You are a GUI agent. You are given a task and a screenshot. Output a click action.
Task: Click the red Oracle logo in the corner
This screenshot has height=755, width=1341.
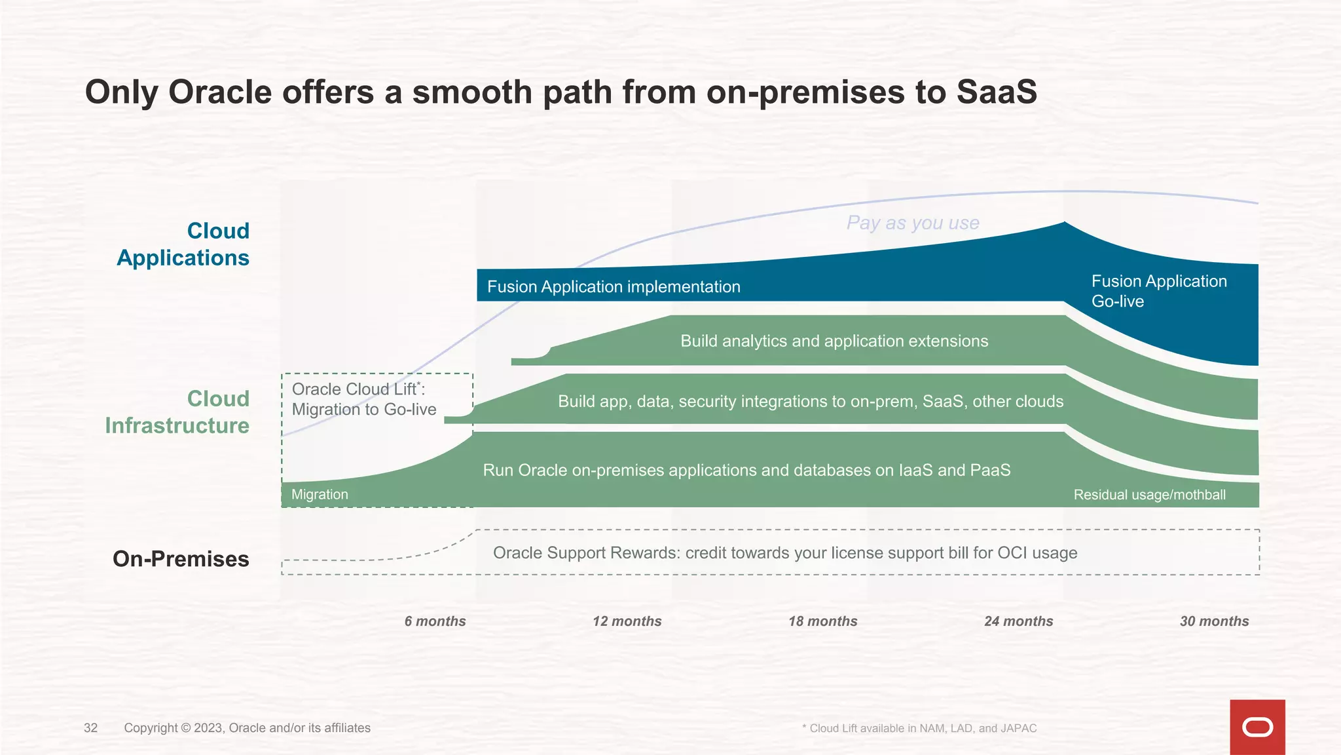pyautogui.click(x=1257, y=727)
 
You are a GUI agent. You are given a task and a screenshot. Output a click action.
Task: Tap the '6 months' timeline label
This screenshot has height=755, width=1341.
pyautogui.click(x=435, y=621)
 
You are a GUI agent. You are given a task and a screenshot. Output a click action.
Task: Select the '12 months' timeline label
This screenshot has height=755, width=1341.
pyautogui.click(x=627, y=621)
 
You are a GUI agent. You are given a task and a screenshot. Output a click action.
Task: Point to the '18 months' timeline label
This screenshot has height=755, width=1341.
pyautogui.click(x=822, y=621)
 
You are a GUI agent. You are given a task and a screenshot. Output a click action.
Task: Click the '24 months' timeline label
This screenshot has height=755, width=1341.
pyautogui.click(x=1018, y=621)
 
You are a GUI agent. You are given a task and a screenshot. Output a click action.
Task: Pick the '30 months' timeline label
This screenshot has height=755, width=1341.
pyautogui.click(x=1214, y=621)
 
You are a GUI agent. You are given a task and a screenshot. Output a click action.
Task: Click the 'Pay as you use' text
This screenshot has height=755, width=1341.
pyautogui.click(x=913, y=223)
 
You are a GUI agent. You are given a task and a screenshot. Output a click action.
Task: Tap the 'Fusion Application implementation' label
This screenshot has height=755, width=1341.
pyautogui.click(x=614, y=287)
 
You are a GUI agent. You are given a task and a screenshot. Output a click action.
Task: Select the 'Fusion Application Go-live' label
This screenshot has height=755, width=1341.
pyautogui.click(x=1158, y=291)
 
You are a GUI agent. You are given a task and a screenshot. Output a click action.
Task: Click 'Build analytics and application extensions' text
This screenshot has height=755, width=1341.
pyautogui.click(x=834, y=341)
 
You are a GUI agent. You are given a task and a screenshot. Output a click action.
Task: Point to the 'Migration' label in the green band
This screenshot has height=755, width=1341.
pyautogui.click(x=320, y=495)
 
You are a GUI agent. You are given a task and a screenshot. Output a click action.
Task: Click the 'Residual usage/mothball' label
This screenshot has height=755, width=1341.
pyautogui.click(x=1149, y=495)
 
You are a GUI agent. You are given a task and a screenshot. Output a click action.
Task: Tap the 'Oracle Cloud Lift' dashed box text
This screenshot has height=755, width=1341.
pyautogui.click(x=363, y=399)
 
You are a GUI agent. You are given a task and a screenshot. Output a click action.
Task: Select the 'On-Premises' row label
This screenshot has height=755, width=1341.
pyautogui.click(x=181, y=559)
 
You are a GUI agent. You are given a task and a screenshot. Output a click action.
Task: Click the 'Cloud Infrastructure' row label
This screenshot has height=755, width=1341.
pyautogui.click(x=177, y=412)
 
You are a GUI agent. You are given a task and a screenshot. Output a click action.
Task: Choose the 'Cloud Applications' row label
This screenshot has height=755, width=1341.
pyautogui.click(x=183, y=244)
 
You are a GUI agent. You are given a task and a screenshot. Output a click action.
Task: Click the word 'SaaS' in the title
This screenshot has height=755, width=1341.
pyautogui.click(x=997, y=92)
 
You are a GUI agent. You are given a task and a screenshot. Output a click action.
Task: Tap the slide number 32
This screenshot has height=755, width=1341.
pyautogui.click(x=90, y=728)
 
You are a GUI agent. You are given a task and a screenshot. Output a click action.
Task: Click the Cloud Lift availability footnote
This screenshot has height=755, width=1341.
pyautogui.click(x=919, y=728)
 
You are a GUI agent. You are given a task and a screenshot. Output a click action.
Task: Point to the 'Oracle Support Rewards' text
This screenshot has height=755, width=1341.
pyautogui.click(x=784, y=553)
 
